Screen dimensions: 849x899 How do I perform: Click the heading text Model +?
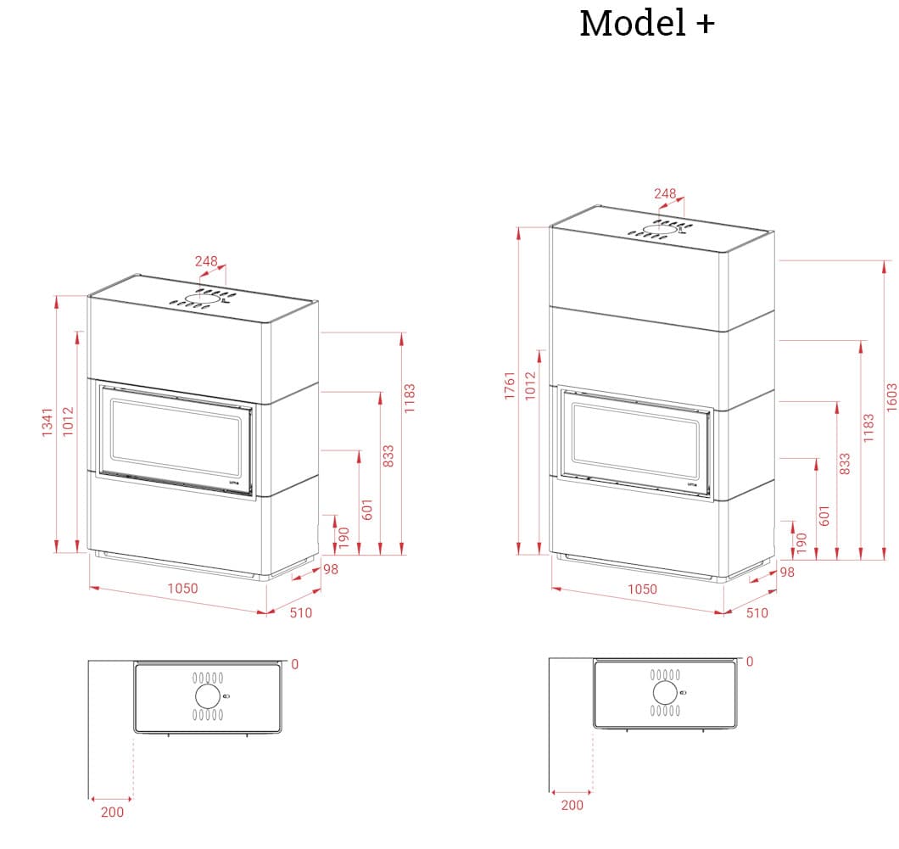(646, 24)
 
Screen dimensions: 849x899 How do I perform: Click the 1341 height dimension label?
(47, 422)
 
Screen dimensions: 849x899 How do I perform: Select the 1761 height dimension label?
(510, 386)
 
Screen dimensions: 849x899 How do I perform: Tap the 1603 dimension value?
(891, 397)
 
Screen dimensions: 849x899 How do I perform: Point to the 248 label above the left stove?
(206, 261)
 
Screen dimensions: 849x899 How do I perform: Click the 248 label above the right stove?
(665, 193)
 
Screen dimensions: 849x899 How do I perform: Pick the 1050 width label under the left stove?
(182, 589)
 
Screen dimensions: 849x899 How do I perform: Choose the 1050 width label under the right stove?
(642, 589)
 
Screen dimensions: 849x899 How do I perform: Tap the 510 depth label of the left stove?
(301, 612)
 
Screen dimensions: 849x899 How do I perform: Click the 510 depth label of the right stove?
(757, 612)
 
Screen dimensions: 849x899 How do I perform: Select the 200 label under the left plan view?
(112, 812)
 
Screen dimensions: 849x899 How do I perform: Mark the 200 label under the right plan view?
(572, 805)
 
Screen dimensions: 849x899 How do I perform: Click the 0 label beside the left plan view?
(294, 664)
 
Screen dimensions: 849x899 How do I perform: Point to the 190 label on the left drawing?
(343, 536)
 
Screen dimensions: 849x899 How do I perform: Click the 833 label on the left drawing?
(388, 455)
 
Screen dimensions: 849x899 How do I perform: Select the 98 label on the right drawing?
(787, 573)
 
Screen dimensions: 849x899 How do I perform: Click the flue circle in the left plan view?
(207, 696)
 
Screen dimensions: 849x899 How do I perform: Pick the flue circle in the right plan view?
(666, 692)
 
